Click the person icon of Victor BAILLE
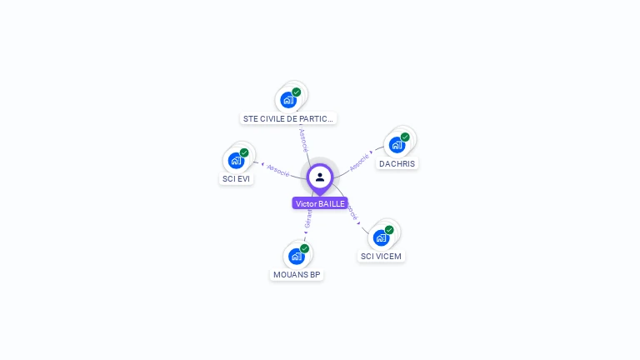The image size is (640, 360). coord(320,177)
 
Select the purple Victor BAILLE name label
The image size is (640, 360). coord(320,203)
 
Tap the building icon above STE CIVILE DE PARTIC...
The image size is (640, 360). coord(288,100)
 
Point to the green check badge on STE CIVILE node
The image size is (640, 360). coord(297,92)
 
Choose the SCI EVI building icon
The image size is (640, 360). coord(236,160)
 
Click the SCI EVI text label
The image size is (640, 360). coord(237,178)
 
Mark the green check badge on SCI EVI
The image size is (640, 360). coord(244,152)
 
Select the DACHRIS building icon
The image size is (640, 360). coord(397,145)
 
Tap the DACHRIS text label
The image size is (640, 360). coord(397,163)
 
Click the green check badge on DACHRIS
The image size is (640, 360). coord(405,137)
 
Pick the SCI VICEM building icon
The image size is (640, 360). coord(381,237)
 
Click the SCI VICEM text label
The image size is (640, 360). coord(381,256)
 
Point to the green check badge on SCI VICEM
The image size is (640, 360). coord(389,230)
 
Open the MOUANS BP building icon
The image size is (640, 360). coord(296,256)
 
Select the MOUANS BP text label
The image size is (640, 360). coord(297,274)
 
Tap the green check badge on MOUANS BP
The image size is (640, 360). coord(305,248)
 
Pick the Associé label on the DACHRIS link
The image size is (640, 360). coord(359,162)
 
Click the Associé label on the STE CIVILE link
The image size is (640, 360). coord(303,139)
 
